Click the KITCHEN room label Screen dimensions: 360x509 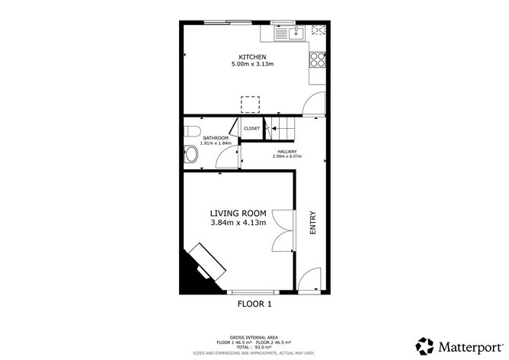pos(252,57)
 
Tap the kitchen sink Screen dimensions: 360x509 pos(294,33)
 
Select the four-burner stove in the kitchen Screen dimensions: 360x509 pos(318,59)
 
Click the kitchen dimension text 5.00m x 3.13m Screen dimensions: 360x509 pos(252,65)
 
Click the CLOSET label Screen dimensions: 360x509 pos(251,128)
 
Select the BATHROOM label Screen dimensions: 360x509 pos(204,138)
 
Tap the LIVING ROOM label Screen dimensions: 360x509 pos(238,213)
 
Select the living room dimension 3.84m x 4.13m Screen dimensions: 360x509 pos(238,223)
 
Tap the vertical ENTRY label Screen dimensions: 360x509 pos(312,222)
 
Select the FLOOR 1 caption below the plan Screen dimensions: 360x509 pos(254,304)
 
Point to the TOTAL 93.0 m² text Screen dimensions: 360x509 pos(254,348)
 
